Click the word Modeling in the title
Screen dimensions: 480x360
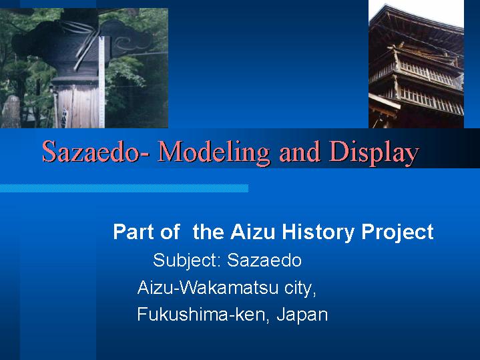click(214, 152)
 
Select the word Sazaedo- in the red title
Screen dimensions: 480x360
click(96, 151)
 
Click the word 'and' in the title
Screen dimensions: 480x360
click(300, 152)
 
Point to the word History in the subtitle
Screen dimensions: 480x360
click(318, 232)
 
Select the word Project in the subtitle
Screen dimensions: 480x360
click(397, 232)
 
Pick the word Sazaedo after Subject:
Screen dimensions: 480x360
click(264, 260)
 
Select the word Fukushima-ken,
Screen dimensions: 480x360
click(203, 315)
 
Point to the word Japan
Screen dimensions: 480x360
click(302, 315)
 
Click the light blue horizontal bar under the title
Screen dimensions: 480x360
click(124, 188)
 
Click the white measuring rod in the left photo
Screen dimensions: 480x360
click(101, 81)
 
